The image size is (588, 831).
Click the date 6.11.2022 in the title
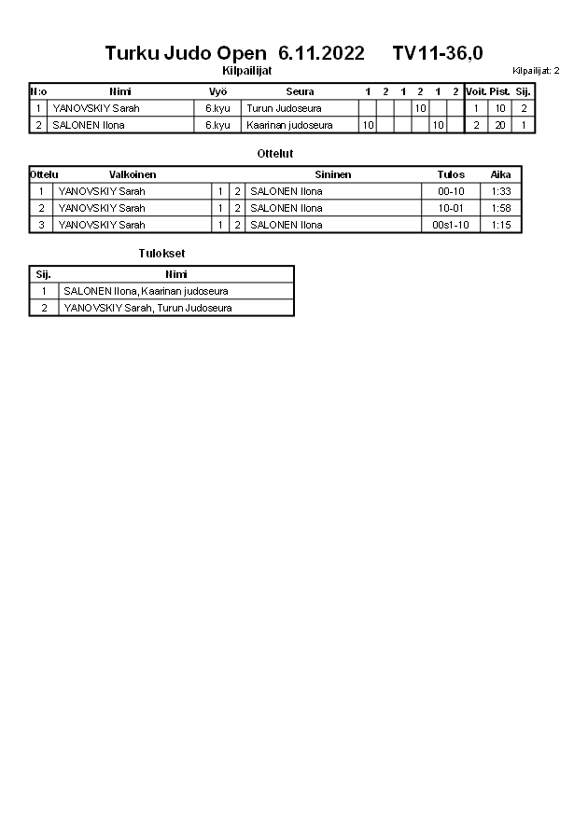321,53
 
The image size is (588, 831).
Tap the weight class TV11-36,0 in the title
438,53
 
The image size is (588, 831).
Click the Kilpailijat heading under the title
247,70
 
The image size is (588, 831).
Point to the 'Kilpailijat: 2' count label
536,70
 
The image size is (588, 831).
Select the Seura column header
300,91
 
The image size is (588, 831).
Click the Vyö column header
218,91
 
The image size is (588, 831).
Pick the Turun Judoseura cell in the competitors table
284,108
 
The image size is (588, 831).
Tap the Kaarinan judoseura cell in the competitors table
289,124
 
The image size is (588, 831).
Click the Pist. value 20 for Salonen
500,124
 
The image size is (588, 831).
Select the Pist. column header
500,91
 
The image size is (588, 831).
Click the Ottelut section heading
274,153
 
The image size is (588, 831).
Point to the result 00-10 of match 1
451,191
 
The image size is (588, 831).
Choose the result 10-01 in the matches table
451,207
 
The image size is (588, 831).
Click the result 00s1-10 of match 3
451,224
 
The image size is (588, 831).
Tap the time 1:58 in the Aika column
501,207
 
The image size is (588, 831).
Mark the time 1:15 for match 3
501,224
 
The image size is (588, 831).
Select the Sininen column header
332,174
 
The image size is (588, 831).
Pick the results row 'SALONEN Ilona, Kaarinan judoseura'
146,291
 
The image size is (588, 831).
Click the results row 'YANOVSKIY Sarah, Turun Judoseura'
147,307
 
